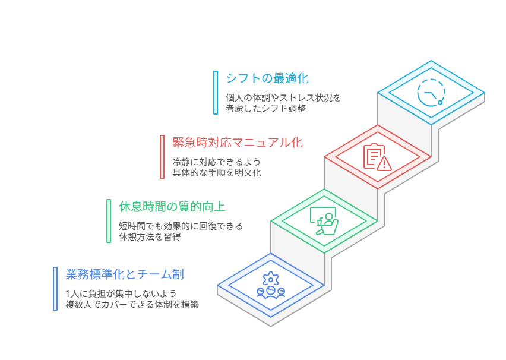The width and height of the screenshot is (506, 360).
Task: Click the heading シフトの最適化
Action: [267, 78]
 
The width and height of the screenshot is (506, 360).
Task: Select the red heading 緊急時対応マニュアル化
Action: [238, 143]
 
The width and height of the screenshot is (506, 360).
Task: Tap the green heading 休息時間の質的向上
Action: [172, 207]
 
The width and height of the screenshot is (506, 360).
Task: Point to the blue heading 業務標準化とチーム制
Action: [124, 274]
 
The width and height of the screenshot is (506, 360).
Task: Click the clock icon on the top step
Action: [431, 93]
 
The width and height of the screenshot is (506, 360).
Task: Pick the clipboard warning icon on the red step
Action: [377, 157]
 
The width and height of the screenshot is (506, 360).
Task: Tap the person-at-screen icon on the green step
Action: [324, 221]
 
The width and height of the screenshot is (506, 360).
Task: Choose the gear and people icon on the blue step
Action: [271, 285]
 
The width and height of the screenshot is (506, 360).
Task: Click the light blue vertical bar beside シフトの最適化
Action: [216, 93]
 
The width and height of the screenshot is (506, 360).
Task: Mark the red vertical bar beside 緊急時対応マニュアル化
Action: [162, 157]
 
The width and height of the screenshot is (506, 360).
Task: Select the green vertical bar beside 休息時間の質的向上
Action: [109, 221]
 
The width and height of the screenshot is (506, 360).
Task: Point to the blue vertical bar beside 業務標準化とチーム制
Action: [55, 289]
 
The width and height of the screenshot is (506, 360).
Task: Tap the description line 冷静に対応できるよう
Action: [216, 162]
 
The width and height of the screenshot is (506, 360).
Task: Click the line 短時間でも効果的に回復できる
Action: [181, 226]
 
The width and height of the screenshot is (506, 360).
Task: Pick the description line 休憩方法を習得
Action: [150, 236]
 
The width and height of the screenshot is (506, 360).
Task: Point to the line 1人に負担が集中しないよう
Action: [121, 293]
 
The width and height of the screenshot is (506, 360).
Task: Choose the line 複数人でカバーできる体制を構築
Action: [132, 304]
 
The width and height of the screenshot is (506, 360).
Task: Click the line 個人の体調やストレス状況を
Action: [283, 97]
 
